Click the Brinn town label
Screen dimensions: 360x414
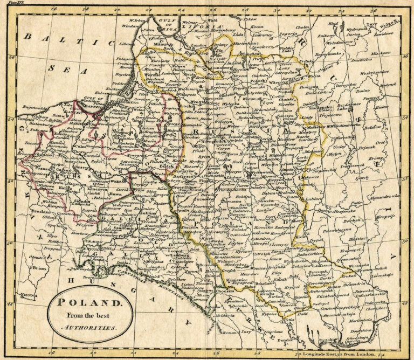click(38, 267)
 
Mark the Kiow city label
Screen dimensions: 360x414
click(300, 236)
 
